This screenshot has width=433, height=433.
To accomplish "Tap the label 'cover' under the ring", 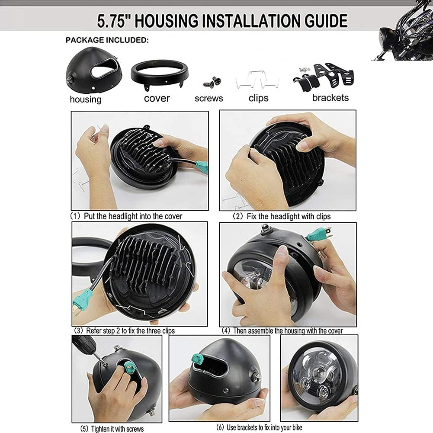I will pyautogui.click(x=157, y=98).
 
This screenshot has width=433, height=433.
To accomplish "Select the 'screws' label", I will pyautogui.click(x=208, y=98).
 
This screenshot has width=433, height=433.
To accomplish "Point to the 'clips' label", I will pyautogui.click(x=258, y=98).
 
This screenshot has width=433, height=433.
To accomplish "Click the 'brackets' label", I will pyautogui.click(x=330, y=97).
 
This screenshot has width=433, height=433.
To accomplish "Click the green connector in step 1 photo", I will pyautogui.click(x=201, y=167).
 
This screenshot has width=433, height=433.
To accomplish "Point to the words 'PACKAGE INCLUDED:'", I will pyautogui.click(x=107, y=40).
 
